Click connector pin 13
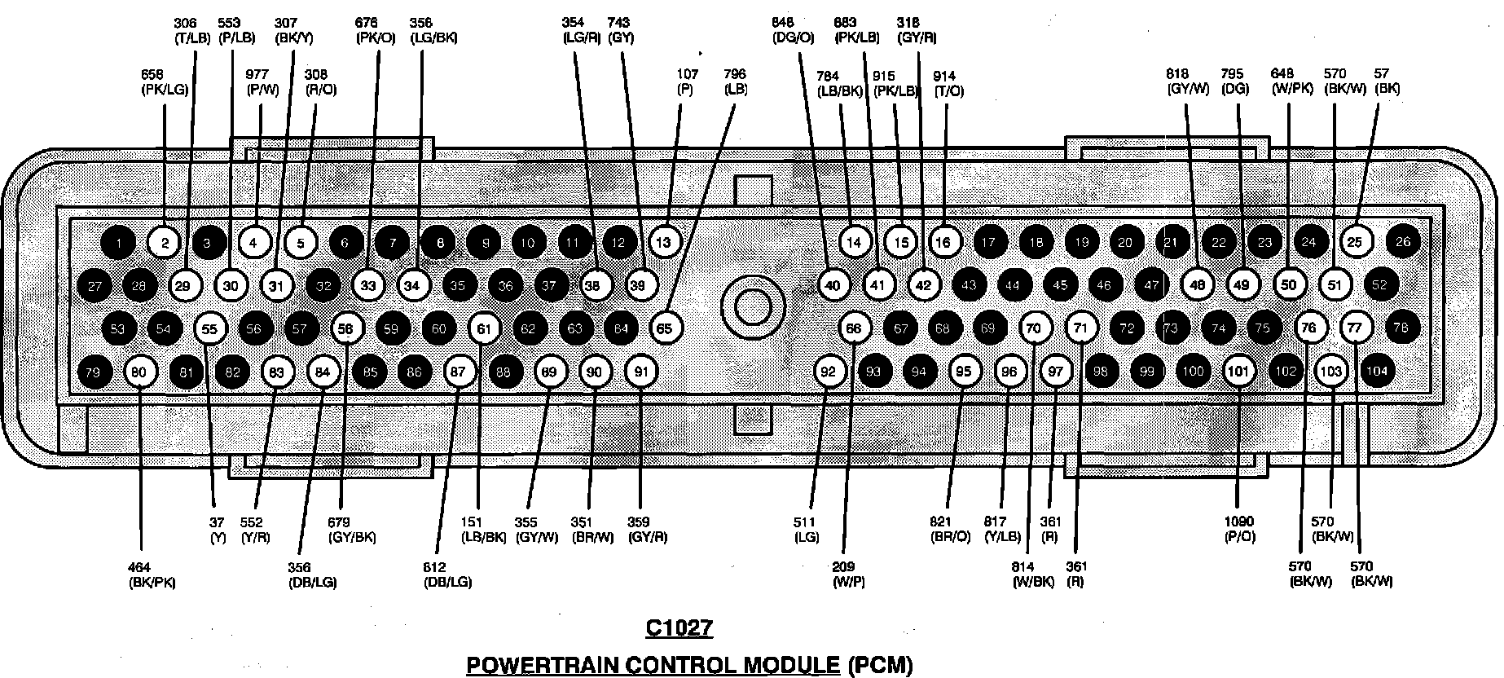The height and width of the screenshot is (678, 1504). (663, 242)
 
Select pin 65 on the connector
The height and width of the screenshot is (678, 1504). (664, 328)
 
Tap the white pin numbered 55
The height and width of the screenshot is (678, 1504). (210, 328)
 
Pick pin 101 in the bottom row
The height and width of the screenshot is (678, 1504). (1238, 372)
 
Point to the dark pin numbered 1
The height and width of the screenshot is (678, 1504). (120, 242)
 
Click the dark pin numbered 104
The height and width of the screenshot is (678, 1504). (1377, 372)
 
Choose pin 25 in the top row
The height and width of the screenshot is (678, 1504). (1354, 242)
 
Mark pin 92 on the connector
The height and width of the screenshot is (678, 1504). (829, 372)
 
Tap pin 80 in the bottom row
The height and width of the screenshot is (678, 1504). (139, 372)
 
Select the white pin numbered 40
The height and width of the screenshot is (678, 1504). (833, 285)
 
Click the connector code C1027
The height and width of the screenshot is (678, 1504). (679, 627)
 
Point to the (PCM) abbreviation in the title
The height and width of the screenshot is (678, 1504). (880, 665)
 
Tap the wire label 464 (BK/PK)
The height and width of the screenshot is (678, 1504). (152, 575)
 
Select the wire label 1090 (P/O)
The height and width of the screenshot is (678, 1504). (1238, 529)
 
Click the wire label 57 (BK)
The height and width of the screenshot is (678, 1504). (1387, 81)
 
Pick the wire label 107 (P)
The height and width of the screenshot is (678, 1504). (686, 81)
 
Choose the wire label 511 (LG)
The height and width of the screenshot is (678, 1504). (807, 529)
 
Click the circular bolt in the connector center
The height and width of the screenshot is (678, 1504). (752, 306)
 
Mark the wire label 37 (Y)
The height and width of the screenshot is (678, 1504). (217, 529)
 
